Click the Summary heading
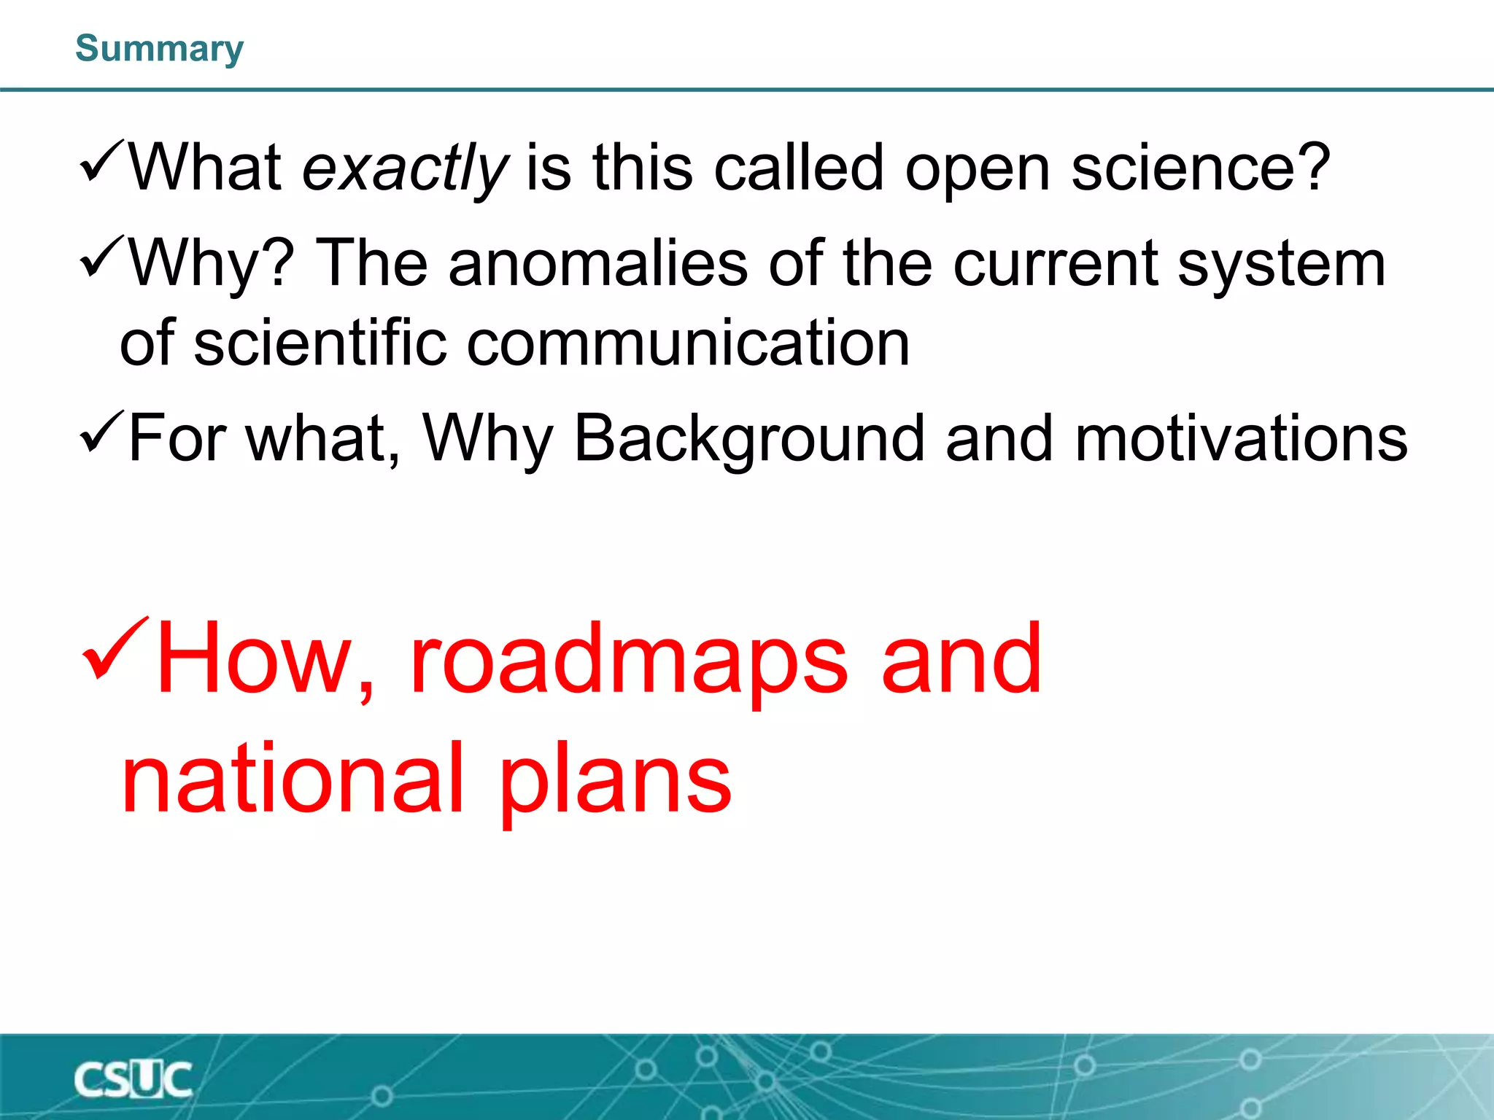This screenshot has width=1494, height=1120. pyautogui.click(x=159, y=49)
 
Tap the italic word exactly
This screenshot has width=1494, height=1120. pyautogui.click(x=405, y=169)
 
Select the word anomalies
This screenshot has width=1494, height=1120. pyautogui.click(x=598, y=263)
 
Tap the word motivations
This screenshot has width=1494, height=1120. pyautogui.click(x=1240, y=439)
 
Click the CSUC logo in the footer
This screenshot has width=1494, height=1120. pyautogui.click(x=133, y=1080)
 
